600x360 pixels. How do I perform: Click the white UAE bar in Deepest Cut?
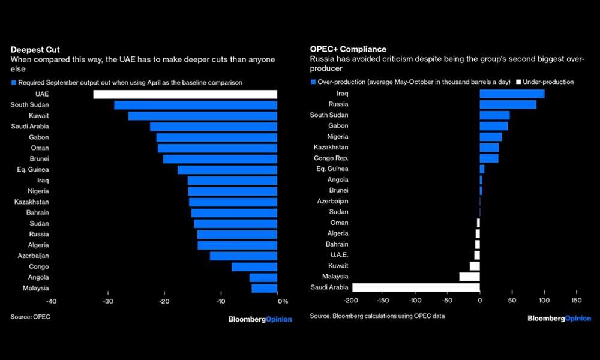point(185,94)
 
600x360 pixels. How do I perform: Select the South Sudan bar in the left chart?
point(196,105)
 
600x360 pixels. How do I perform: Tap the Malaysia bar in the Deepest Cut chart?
point(265,288)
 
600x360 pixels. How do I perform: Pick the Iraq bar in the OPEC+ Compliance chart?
point(512,94)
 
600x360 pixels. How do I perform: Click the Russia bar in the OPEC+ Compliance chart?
point(508,104)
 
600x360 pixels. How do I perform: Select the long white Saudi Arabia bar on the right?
point(416,287)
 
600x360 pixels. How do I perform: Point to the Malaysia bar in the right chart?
point(469,277)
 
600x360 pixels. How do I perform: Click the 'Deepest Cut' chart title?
point(35,49)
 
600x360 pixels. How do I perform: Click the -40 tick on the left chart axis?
point(51,301)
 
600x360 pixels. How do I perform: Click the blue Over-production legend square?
point(313,82)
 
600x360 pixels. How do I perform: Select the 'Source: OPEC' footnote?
point(30,316)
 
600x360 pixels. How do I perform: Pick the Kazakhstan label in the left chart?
point(32,202)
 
